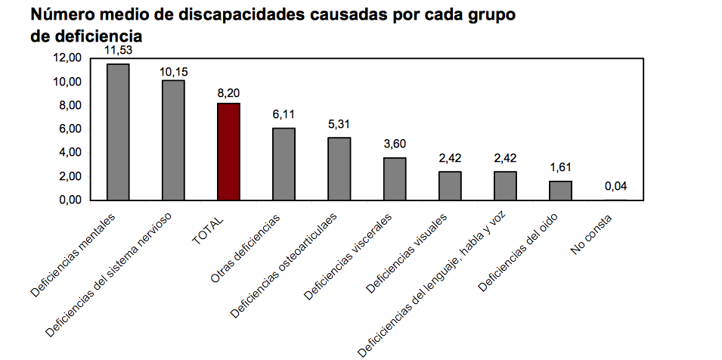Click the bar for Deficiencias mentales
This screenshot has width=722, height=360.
[117, 132]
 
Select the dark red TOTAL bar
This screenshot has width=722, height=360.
[228, 151]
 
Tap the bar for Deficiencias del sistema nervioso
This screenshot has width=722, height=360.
[173, 140]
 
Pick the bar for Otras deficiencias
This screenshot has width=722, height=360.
[284, 163]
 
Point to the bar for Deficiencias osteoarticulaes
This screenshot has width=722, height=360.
[339, 169]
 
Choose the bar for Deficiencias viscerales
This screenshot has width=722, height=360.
[395, 178]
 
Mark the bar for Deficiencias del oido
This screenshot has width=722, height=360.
[561, 191]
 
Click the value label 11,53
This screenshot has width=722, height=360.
[118, 50]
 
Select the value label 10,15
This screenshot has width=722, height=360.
[173, 71]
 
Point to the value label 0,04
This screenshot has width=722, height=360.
[616, 187]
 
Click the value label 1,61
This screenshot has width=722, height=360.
[561, 169]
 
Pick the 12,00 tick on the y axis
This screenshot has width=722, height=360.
[67, 58]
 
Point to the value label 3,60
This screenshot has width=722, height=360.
[395, 144]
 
